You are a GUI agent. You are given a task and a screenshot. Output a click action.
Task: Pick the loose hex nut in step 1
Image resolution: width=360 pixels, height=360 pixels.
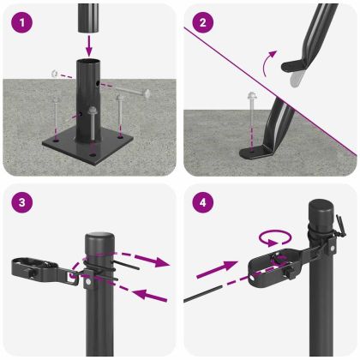[x=54, y=74]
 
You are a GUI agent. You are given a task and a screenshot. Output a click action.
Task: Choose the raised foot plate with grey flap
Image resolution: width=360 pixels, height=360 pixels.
[x=298, y=69]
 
